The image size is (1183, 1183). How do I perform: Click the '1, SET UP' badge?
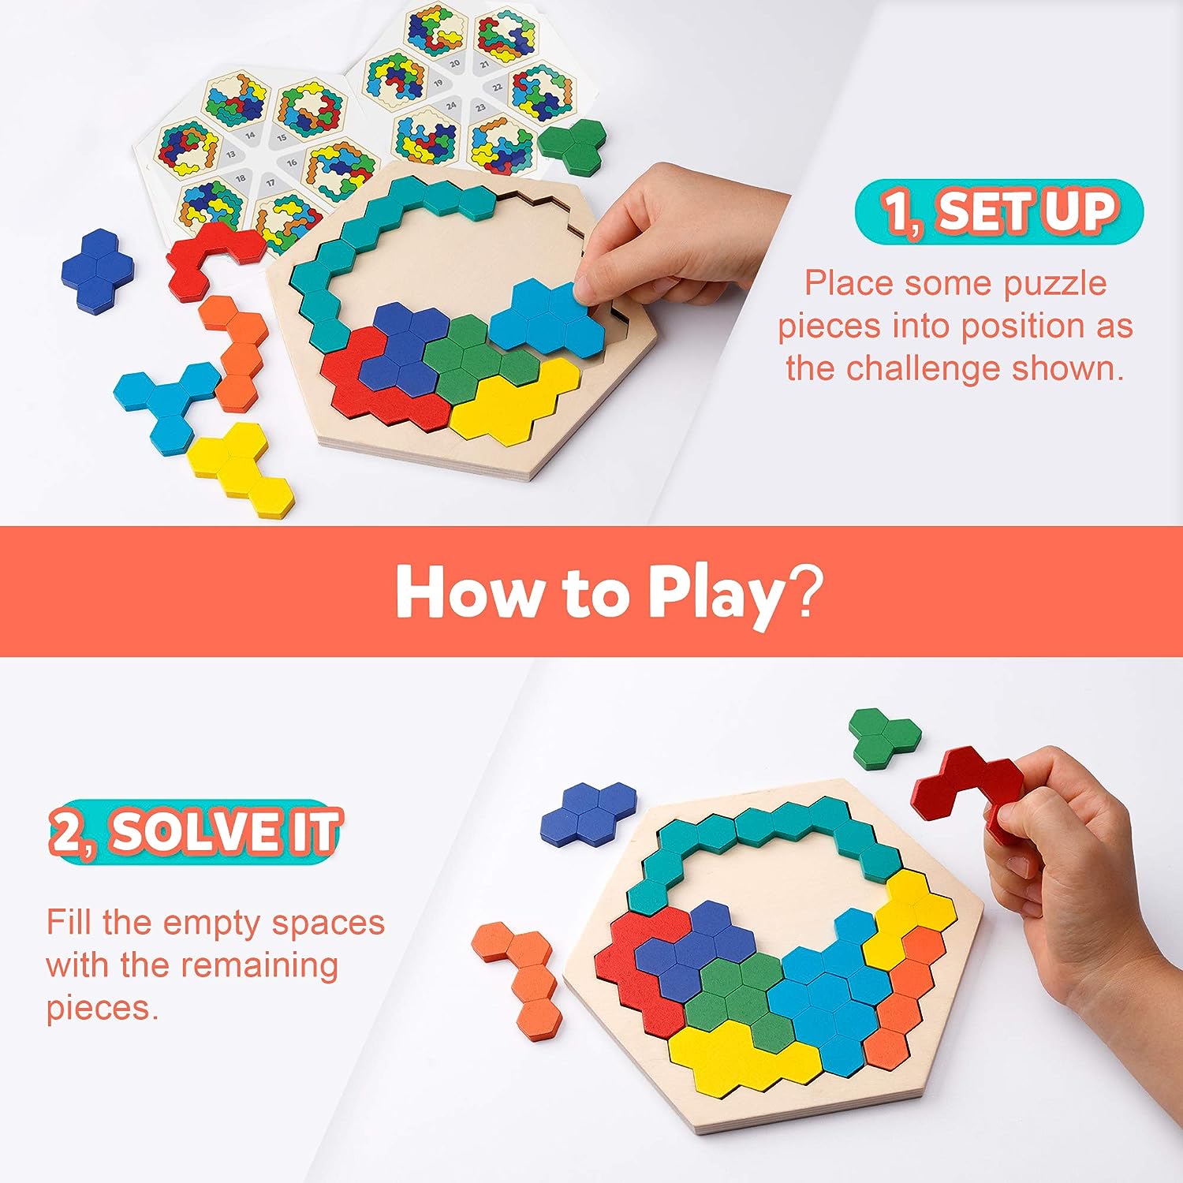tap(998, 211)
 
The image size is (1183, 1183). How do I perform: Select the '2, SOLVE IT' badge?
tap(195, 832)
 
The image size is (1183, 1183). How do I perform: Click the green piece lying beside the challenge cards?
tap(574, 144)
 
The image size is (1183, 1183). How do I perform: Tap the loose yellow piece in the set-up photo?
tap(240, 467)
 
